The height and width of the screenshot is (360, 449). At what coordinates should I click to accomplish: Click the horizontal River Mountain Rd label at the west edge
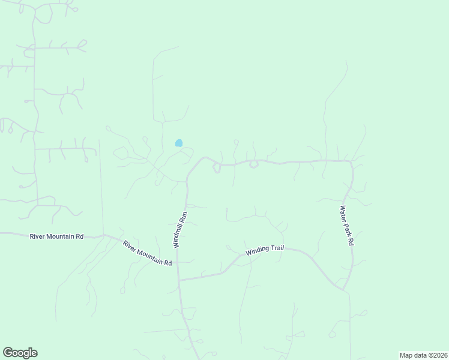click(x=56, y=237)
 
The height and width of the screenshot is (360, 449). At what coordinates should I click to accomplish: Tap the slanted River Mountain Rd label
click(x=147, y=253)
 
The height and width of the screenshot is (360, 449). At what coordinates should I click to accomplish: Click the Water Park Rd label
click(x=348, y=226)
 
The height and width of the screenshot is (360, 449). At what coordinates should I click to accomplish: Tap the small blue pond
click(x=178, y=143)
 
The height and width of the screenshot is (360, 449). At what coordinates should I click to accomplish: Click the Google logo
click(x=20, y=352)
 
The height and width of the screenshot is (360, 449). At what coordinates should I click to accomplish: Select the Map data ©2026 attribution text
click(x=423, y=355)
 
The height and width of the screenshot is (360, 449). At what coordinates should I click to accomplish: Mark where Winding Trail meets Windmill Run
click(x=178, y=280)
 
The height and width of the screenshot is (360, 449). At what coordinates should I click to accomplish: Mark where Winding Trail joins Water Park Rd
click(x=343, y=290)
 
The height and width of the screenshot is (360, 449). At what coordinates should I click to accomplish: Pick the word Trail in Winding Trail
click(x=274, y=248)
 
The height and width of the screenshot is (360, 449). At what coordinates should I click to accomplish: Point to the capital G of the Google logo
click(x=8, y=352)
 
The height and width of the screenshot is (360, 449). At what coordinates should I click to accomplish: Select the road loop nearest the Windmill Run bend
click(x=217, y=168)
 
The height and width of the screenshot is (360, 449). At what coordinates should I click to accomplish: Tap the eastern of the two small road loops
click(x=254, y=164)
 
